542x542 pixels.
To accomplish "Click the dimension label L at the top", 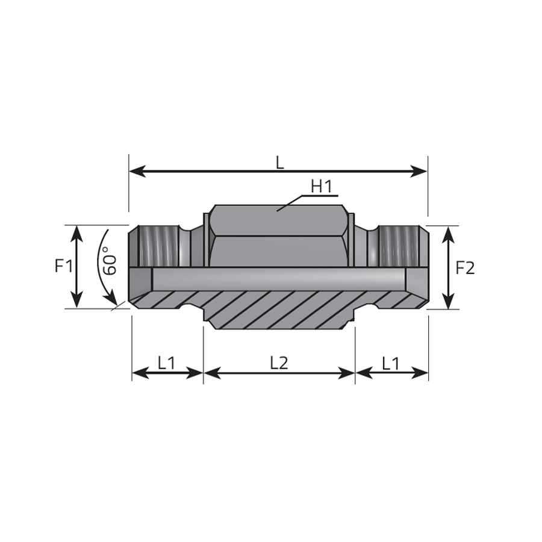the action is [x=280, y=163].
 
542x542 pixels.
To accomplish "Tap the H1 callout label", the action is [x=322, y=186].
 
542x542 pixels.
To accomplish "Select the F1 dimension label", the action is [x=64, y=266].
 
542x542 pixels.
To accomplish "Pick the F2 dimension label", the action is [x=466, y=268].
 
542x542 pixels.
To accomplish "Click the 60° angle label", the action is [x=110, y=261].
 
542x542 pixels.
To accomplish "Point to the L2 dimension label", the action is [x=279, y=363].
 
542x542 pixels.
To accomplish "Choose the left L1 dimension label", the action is [x=167, y=363].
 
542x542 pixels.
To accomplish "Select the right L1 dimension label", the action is [x=391, y=363].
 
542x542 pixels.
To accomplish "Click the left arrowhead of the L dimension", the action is [x=137, y=171].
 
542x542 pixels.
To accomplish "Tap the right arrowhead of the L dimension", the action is [x=419, y=171].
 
